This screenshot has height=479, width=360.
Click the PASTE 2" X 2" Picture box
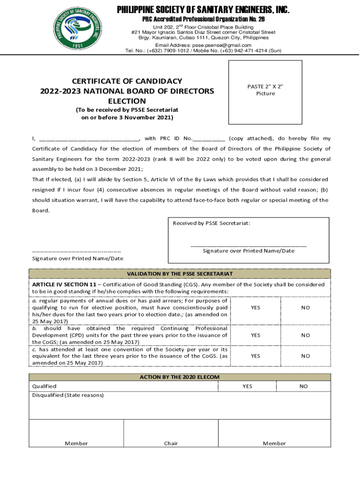[x=265, y=90]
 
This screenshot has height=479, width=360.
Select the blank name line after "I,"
[x=89, y=138]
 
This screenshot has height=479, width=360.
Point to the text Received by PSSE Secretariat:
[x=211, y=223]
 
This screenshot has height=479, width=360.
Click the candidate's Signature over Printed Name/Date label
[x=78, y=258]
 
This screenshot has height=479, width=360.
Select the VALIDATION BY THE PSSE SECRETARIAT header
[x=180, y=274]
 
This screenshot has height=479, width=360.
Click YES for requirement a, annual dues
[x=255, y=308]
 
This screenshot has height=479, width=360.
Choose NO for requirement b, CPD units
[x=305, y=335]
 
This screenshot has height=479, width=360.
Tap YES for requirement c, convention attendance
[x=255, y=356]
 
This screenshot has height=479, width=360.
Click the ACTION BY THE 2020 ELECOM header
[x=180, y=377]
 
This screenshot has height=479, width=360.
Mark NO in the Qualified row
[x=303, y=386]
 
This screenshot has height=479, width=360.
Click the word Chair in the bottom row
[x=171, y=443]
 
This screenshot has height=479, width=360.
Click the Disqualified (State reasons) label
[x=68, y=395]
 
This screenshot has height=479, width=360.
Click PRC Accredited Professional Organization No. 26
[x=203, y=19]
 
